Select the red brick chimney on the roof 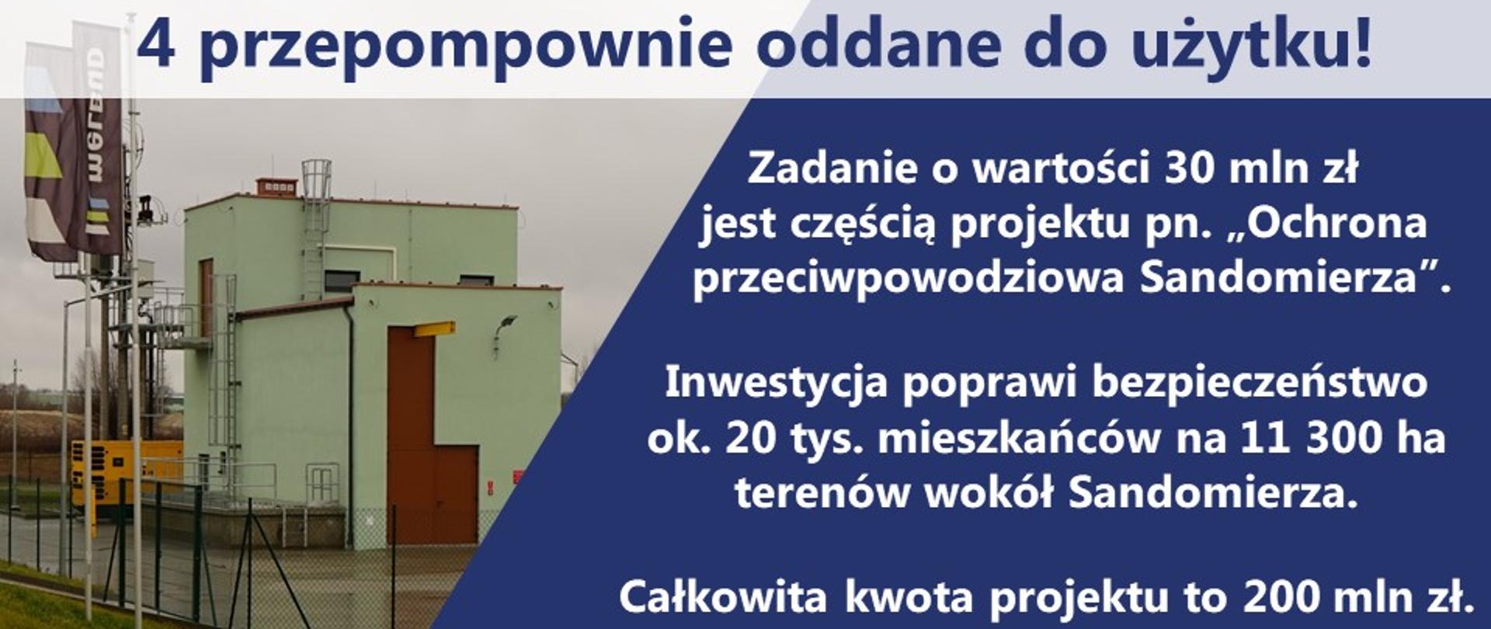coord(276,187)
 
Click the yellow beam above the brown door coord(434,329)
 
